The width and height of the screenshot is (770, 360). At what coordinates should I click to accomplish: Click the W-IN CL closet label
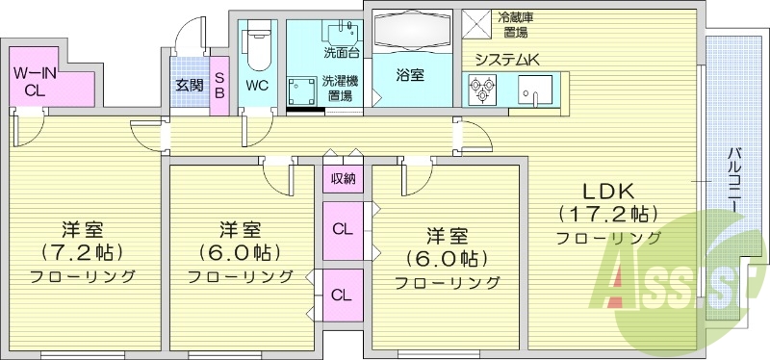(35, 80)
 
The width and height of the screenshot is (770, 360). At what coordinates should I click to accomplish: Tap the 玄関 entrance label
(189, 85)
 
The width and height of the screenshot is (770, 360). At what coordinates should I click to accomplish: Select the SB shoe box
(218, 85)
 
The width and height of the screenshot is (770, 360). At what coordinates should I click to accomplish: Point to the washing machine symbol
(302, 90)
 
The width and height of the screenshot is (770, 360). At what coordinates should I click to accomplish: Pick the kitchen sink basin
(533, 90)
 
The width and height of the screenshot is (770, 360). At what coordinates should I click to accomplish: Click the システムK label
(507, 60)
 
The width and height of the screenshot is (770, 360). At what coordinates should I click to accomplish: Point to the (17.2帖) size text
(607, 213)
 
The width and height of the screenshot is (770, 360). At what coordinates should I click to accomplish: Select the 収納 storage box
(344, 178)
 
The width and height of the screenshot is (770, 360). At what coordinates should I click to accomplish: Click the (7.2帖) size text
(81, 253)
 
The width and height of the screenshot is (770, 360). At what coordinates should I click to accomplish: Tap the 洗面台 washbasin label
(340, 51)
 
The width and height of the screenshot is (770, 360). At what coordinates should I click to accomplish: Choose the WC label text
(257, 85)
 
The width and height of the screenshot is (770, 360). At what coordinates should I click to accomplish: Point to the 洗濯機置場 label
(338, 88)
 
